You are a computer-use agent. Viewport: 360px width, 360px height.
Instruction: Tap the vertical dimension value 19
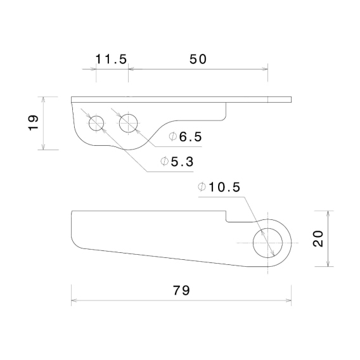34,123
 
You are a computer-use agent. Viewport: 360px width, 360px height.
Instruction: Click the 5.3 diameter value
181,162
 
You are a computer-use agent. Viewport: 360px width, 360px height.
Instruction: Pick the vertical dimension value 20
319,239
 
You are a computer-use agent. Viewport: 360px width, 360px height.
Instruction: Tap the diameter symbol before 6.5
173,137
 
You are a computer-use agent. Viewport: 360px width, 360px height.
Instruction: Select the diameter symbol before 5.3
164,162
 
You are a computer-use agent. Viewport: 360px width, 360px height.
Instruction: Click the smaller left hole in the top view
96,123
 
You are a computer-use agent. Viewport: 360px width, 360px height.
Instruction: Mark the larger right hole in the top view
129,123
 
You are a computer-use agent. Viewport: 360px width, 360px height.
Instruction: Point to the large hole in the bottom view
269,242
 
